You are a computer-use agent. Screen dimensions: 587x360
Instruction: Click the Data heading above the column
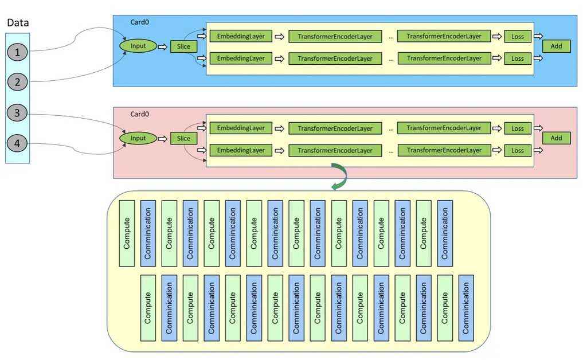point(18,22)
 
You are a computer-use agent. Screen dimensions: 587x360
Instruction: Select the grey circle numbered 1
point(17,52)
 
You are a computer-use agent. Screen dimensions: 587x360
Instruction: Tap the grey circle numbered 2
point(17,82)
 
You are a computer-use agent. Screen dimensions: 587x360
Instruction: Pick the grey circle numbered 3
point(17,112)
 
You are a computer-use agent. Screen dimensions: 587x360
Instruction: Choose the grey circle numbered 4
point(17,143)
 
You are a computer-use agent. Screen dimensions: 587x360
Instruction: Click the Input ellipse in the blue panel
point(138,46)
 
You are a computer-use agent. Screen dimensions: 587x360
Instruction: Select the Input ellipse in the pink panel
point(138,138)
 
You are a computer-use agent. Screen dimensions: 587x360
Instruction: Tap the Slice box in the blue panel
point(183,46)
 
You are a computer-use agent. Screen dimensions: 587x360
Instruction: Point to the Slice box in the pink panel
point(183,139)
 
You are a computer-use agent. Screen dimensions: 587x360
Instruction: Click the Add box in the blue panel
point(556,46)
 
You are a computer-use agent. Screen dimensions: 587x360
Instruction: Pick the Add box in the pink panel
point(556,138)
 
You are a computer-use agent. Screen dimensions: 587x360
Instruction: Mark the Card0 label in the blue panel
point(140,22)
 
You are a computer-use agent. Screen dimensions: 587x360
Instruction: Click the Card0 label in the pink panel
point(140,114)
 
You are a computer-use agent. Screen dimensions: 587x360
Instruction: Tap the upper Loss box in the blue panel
point(518,36)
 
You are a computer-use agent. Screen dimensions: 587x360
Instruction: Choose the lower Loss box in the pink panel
point(518,150)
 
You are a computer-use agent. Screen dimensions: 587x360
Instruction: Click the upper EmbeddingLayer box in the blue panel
point(241,36)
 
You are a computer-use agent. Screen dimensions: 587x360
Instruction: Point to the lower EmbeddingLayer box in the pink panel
point(241,150)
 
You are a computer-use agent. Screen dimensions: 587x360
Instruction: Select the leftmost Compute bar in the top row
point(127,233)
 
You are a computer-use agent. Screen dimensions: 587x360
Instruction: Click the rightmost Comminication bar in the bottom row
point(466,308)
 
